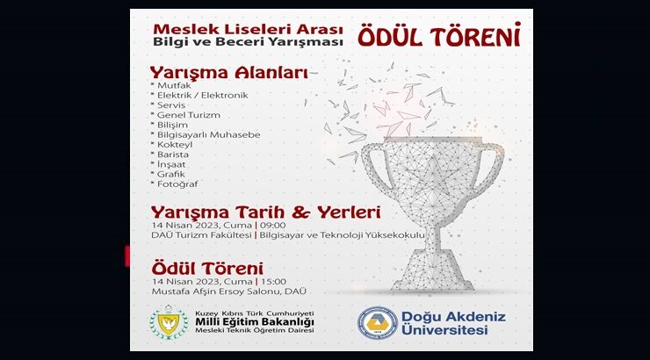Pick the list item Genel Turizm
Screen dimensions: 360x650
(188, 115)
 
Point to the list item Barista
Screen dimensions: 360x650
(175, 154)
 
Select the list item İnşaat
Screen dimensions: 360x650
(174, 164)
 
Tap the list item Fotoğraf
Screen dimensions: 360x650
(177, 184)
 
